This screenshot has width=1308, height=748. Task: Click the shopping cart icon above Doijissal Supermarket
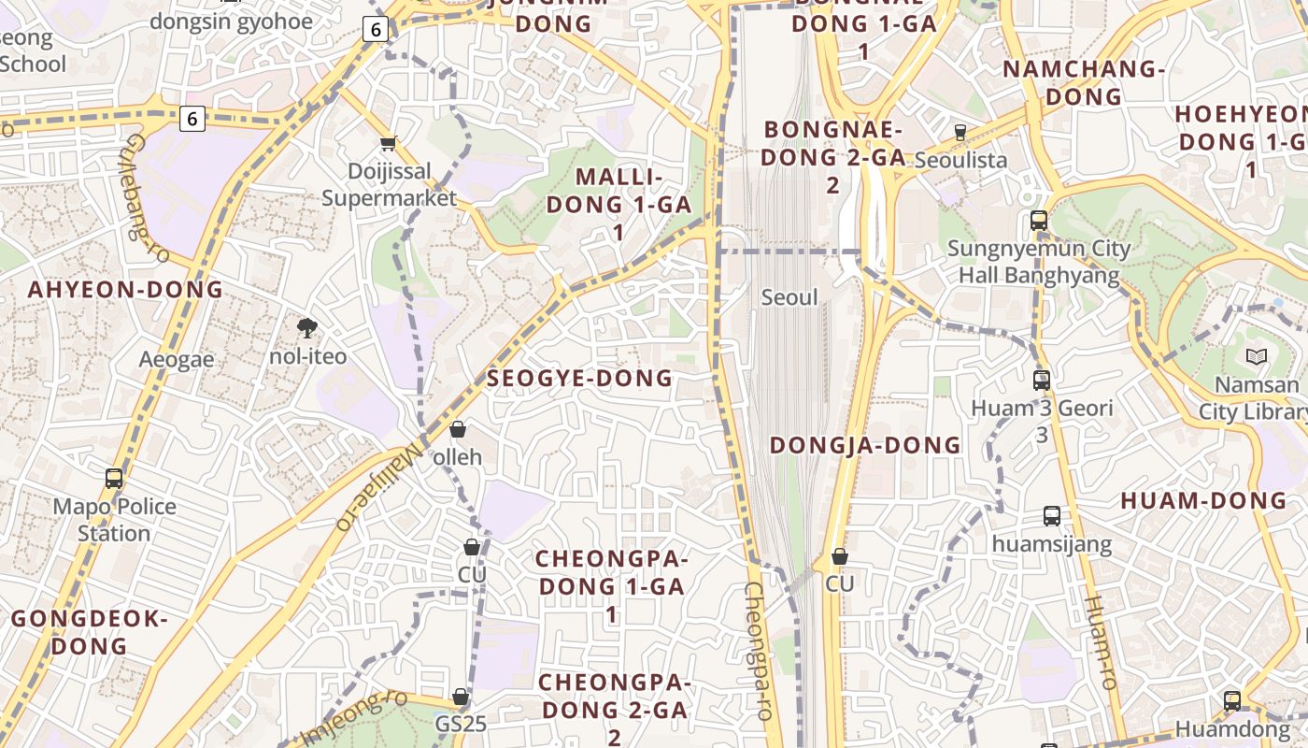tap(389, 143)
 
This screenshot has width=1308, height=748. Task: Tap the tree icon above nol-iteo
tap(306, 327)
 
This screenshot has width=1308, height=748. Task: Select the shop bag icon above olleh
tap(458, 429)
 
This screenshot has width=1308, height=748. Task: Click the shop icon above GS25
tap(460, 697)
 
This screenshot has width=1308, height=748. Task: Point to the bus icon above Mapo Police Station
tap(114, 478)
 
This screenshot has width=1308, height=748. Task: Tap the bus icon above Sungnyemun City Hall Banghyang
tap(1038, 221)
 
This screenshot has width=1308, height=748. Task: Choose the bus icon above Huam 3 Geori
tap(1042, 380)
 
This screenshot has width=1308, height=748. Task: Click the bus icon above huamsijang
tap(1052, 515)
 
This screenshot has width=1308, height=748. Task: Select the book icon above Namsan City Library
tap(1256, 356)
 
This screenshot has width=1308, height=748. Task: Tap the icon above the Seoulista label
tap(960, 132)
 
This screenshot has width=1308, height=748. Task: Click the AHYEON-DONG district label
tap(126, 289)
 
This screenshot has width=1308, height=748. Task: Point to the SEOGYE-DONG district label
tap(579, 378)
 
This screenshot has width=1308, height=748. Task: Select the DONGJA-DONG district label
tap(865, 445)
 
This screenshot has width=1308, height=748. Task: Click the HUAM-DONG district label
tap(1203, 500)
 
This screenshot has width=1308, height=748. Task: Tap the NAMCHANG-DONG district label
tap(1084, 82)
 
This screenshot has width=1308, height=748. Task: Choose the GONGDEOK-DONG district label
tap(89, 632)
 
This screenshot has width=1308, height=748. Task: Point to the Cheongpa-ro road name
tap(758, 651)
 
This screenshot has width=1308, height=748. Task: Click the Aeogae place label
tap(177, 359)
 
